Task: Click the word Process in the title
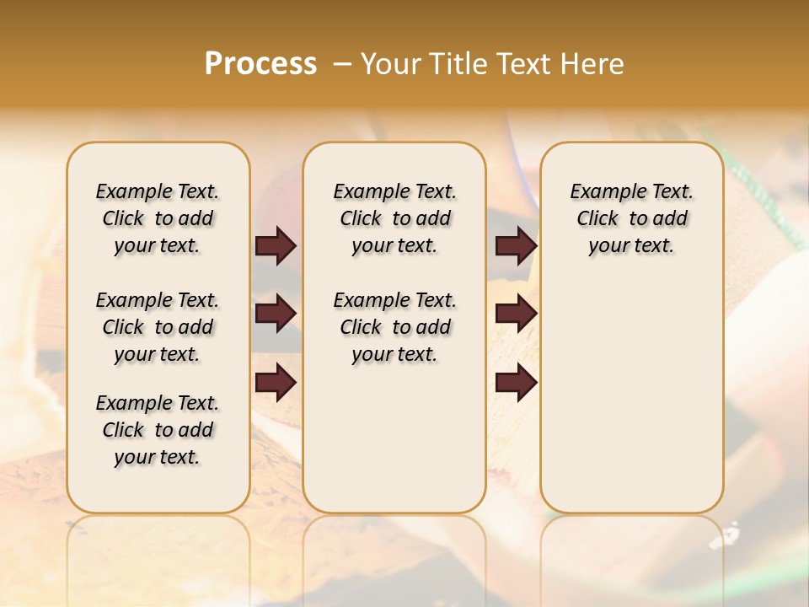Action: point(260,64)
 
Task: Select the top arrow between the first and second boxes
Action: point(276,246)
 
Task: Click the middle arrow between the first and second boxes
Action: point(276,314)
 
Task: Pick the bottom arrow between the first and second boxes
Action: point(276,383)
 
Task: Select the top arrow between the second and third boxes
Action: point(516,246)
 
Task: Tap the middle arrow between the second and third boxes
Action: point(516,314)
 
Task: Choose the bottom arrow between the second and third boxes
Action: point(516,383)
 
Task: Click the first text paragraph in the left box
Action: point(158,218)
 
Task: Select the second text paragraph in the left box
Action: point(158,327)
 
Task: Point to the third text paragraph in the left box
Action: point(158,430)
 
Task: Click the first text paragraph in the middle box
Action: point(395,218)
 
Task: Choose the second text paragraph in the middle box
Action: point(395,327)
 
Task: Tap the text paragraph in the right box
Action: point(632,218)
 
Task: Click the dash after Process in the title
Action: point(341,64)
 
